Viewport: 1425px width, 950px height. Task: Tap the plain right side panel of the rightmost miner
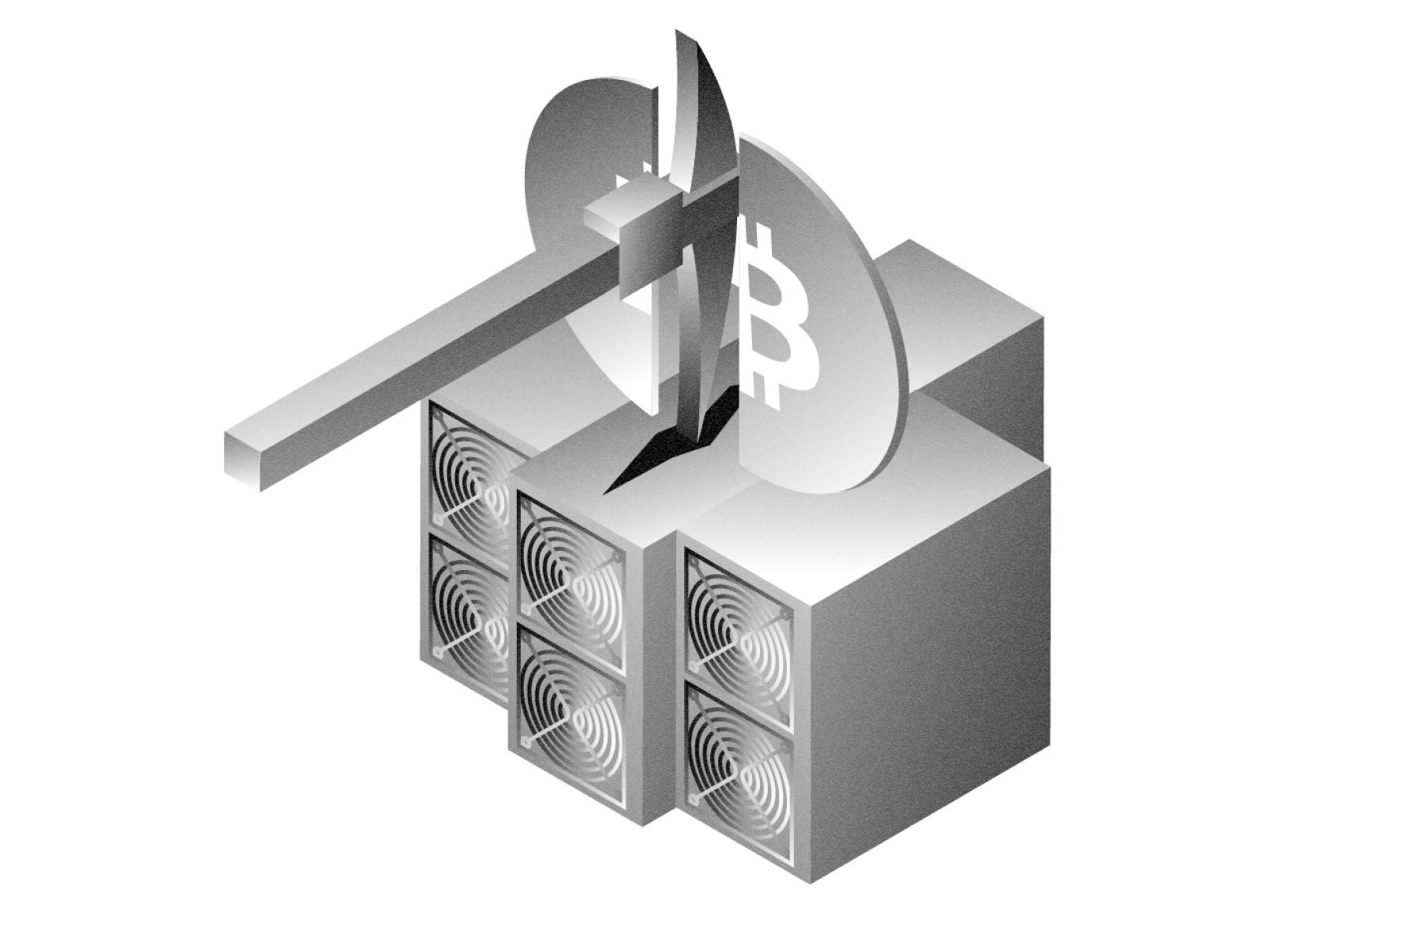point(926,673)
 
